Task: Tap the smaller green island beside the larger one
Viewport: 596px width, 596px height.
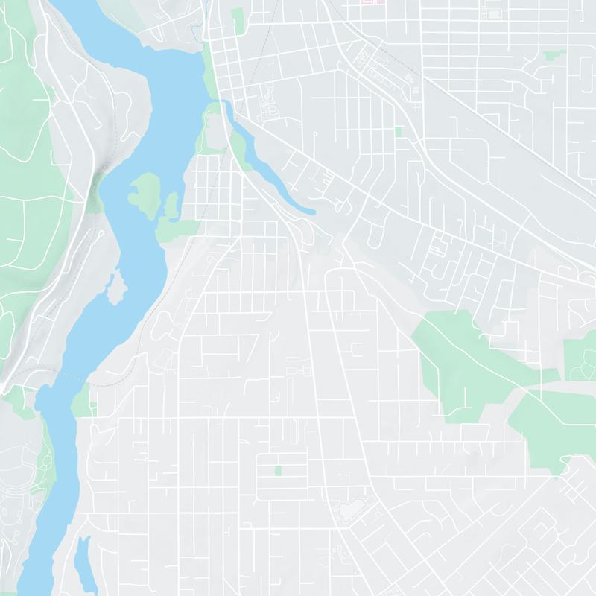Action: click(x=172, y=205)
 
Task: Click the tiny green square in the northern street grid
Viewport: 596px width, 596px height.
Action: click(x=398, y=132)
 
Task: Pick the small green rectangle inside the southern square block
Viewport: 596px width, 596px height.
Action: click(x=278, y=470)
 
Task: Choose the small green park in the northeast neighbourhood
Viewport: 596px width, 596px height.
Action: click(x=554, y=55)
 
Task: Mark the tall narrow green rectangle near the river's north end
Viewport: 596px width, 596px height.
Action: click(x=238, y=20)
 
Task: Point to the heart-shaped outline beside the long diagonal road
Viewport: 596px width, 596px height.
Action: click(x=347, y=510)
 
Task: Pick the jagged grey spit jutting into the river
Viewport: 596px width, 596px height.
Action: click(x=114, y=288)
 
